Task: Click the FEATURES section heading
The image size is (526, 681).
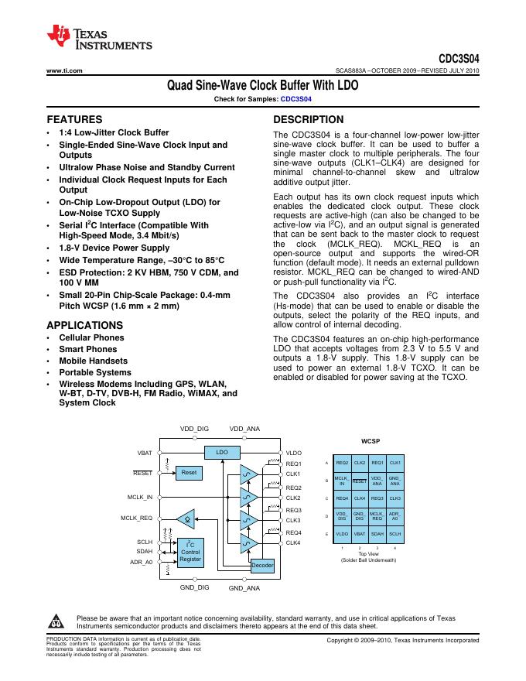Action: pos(75,120)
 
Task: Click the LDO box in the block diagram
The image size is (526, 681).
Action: pos(222,451)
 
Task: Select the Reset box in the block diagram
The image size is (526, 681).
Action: pos(189,472)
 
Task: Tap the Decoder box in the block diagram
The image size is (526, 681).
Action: pos(263,566)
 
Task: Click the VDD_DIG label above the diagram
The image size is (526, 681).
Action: pos(194,429)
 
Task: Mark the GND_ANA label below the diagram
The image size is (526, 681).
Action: pos(244,589)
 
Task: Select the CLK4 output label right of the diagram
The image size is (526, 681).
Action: pos(293,543)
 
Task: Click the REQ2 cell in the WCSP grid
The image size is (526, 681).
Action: pos(342,462)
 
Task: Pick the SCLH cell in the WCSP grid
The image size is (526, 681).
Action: pos(394,533)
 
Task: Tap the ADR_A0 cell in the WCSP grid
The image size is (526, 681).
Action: pos(394,515)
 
